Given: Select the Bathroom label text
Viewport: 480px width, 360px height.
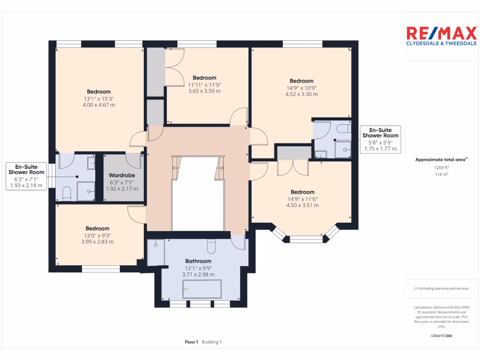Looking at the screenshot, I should coord(198,261).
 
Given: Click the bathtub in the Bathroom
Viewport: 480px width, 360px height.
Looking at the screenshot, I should coord(202,289).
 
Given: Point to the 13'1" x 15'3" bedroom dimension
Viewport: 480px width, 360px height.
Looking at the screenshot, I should coord(98,98).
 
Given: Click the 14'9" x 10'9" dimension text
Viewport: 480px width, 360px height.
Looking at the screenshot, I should coord(301,88).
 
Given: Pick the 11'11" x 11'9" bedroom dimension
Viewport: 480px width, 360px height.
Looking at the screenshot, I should coord(204,85).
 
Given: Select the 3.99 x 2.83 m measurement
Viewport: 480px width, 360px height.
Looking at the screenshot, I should coord(97,242).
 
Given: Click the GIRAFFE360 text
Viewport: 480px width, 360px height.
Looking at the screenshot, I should coord(441,336).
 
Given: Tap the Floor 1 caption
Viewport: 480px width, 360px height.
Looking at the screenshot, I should coord(192,342).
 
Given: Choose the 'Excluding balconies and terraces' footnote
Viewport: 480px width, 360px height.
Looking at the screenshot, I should coord(441,289).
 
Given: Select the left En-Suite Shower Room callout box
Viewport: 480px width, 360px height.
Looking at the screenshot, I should coord(26,176).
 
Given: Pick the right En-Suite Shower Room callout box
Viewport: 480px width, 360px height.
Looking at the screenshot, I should coord(380,139).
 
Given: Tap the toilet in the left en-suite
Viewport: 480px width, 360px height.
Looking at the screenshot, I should coord(66,193).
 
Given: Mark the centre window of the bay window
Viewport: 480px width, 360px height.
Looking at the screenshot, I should coord(306,239).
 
